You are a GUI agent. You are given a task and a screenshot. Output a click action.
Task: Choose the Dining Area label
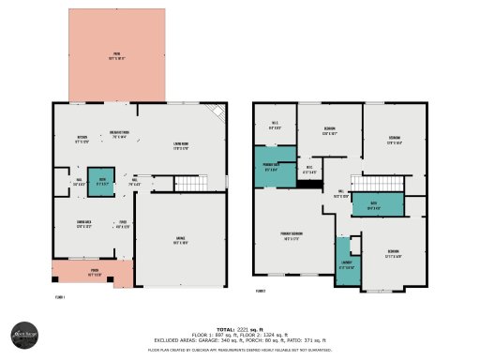pos(85,223)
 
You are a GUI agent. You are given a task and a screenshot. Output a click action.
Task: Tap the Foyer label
pos(122,223)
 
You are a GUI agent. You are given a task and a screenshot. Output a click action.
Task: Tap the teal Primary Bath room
pos(271,169)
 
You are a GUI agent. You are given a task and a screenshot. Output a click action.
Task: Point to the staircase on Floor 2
pos(380,183)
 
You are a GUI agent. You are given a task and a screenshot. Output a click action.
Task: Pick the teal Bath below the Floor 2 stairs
pos(375,206)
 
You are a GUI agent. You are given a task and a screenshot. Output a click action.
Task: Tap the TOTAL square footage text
pos(240,329)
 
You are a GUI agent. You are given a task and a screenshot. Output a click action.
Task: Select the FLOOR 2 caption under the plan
pos(262,291)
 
